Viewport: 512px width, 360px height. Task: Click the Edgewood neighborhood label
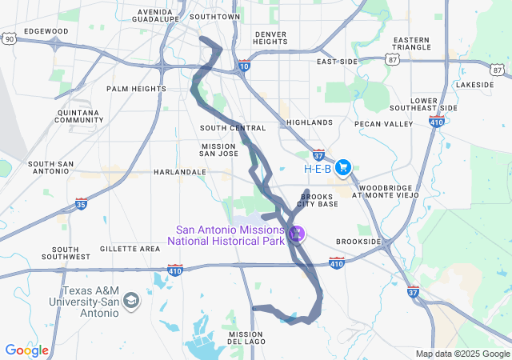[46, 31]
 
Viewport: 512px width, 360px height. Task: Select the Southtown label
[215, 16]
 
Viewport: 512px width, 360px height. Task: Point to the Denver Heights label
[270, 38]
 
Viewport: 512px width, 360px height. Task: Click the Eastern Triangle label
[411, 44]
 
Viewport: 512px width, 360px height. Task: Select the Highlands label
[309, 122]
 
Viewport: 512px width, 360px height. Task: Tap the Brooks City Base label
[318, 200]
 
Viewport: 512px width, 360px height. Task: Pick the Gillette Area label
[130, 249]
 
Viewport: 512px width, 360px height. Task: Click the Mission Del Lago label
[246, 338]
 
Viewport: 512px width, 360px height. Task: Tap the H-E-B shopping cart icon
[343, 167]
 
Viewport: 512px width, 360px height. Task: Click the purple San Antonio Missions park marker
[297, 234]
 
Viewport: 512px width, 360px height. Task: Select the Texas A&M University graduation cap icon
[131, 301]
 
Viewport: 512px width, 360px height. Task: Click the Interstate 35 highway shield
[82, 204]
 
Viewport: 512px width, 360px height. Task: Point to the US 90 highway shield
[9, 38]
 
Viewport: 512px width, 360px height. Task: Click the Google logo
[26, 350]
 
